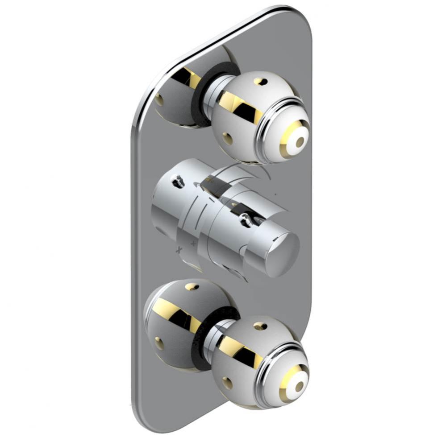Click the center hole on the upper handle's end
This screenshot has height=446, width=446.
click(x=300, y=141)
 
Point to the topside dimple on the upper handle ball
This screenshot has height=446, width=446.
click(x=261, y=82)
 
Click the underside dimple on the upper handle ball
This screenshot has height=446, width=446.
click(x=228, y=138)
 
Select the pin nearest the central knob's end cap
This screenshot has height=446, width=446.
click(x=245, y=218)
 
